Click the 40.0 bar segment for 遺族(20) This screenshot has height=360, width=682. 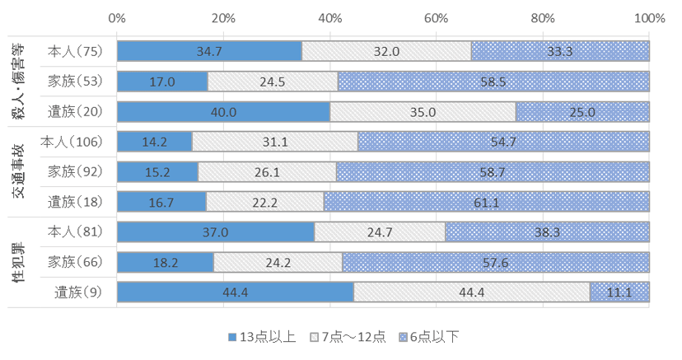(223, 111)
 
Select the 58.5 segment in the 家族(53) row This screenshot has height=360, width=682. (493, 81)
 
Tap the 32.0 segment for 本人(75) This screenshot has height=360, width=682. (386, 51)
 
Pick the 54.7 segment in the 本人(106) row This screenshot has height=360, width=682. (503, 142)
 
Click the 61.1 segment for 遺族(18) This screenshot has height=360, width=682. (487, 202)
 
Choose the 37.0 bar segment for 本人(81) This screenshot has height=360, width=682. (216, 232)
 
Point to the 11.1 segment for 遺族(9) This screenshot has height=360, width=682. (619, 292)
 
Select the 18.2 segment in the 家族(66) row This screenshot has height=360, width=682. (166, 263)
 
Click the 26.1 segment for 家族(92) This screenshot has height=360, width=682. (267, 171)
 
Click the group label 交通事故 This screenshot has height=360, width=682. (18, 171)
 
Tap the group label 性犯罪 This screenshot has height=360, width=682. (18, 263)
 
